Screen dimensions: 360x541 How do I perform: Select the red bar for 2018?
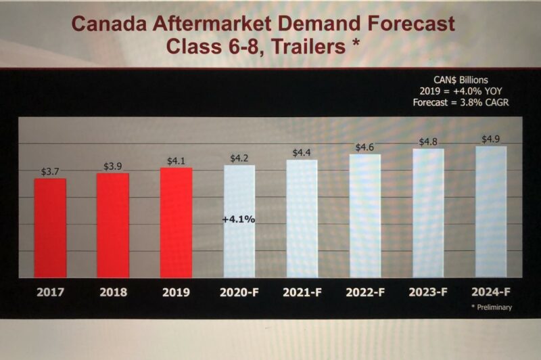[x=112, y=225]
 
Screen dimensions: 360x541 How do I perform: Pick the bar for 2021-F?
[x=302, y=218]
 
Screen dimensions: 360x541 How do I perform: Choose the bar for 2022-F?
[x=365, y=215]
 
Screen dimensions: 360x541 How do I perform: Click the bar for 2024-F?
[x=491, y=211]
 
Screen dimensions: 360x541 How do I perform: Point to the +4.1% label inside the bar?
[x=238, y=219]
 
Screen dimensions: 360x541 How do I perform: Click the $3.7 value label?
[x=50, y=171]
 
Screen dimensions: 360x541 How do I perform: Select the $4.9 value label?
[x=491, y=139]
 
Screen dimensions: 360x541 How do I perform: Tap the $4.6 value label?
[x=365, y=147]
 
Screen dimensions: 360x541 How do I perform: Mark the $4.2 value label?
[x=239, y=158]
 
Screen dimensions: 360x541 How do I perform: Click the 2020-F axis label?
[x=239, y=293]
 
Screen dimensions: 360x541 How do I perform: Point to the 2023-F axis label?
[x=428, y=292]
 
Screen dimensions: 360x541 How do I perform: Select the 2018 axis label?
[x=113, y=293]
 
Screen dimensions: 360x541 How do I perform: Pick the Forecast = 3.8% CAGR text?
[x=461, y=103]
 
